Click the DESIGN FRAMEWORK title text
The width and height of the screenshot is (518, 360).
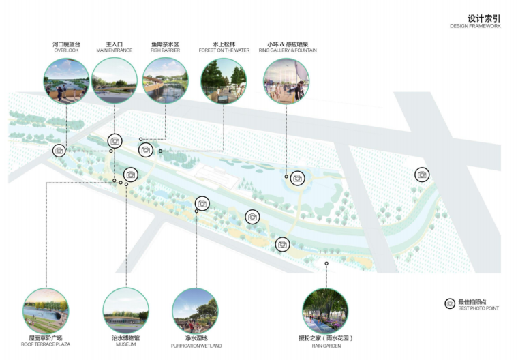point(475,26)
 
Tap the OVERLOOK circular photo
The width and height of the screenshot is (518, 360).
point(67,81)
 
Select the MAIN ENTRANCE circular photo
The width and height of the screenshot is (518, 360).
point(115,81)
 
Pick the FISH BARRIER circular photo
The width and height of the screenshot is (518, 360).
point(166,81)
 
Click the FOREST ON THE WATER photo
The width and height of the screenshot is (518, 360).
point(224,81)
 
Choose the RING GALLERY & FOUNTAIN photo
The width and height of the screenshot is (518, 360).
point(286,81)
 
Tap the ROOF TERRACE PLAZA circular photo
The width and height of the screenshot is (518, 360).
point(46,310)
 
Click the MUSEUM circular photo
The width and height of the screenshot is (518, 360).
point(125,310)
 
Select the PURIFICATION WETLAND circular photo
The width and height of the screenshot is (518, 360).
point(195,310)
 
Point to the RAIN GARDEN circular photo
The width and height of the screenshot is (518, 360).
point(325,310)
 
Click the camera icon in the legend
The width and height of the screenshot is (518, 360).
point(450,303)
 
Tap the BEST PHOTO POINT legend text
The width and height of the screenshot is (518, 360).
point(479,308)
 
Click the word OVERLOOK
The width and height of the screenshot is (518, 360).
point(67,50)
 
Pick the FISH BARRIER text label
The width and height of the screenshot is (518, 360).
point(166,50)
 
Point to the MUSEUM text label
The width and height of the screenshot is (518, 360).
point(125,344)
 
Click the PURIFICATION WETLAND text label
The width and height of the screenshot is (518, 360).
point(195,346)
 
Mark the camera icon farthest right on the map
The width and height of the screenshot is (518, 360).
point(422,175)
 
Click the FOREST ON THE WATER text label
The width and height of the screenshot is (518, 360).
point(224,50)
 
